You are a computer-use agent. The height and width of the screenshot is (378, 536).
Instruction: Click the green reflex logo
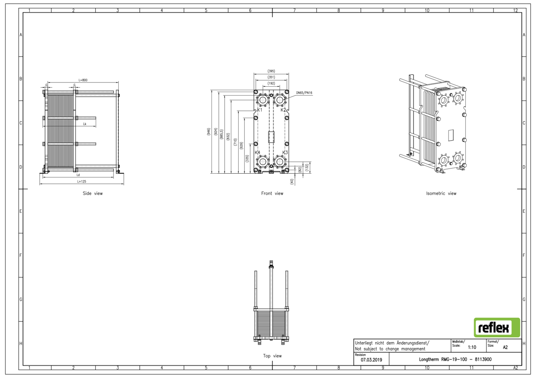(497, 327)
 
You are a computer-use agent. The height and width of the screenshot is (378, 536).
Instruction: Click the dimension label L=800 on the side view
(83, 80)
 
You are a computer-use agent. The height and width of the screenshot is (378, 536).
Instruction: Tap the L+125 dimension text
(82, 182)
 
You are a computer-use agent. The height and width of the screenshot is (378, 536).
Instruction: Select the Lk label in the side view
(85, 124)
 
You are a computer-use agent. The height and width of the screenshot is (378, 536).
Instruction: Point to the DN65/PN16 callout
(304, 93)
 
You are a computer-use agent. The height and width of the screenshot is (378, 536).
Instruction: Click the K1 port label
(260, 110)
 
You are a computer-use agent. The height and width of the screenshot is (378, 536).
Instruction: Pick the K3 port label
(285, 153)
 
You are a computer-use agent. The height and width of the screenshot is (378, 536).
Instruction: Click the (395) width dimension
(271, 71)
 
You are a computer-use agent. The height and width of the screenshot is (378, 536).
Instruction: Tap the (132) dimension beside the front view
(307, 167)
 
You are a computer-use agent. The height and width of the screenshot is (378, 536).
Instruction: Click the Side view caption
(93, 194)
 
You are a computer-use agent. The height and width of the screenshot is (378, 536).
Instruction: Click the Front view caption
(272, 194)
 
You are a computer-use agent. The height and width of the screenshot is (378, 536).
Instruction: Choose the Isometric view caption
(441, 194)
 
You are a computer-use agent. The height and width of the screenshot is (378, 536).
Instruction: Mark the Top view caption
(272, 356)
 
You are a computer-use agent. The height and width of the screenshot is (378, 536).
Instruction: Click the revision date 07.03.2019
(371, 360)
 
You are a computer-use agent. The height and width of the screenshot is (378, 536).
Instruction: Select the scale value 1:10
(472, 347)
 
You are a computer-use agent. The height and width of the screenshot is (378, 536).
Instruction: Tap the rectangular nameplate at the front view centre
(271, 137)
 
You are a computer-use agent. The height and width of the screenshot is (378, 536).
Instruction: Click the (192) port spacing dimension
(271, 83)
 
